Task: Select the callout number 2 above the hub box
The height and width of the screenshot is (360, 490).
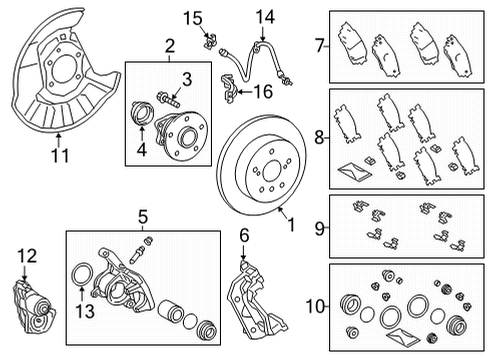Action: point(169,46)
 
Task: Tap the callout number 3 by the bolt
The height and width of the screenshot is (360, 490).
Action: point(185,79)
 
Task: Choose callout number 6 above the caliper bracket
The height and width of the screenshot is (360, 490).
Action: point(243,236)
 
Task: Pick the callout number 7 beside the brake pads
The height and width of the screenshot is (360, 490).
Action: point(319,45)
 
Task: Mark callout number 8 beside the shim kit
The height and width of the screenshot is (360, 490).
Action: point(319,137)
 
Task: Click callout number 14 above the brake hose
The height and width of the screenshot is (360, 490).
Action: point(264,16)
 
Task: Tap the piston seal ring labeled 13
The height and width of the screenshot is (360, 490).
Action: point(82,279)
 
